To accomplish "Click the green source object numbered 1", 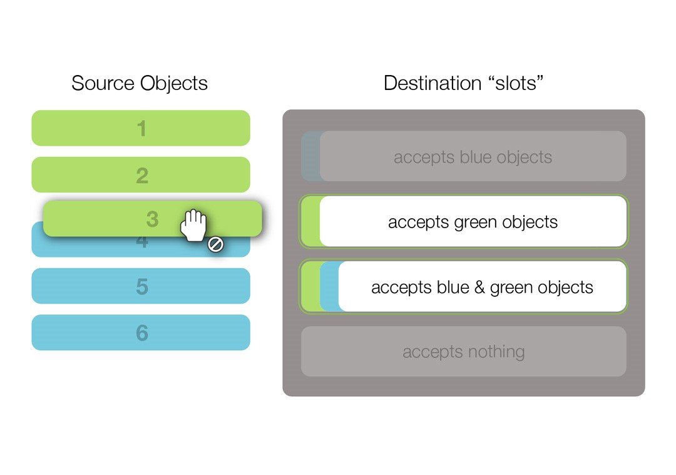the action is [141, 128].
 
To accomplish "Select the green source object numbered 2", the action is [141, 174].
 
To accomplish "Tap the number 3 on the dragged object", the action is [152, 219].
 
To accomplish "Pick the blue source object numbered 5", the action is [141, 286].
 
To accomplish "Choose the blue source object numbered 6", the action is [141, 332].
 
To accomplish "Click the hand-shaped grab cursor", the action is [193, 225].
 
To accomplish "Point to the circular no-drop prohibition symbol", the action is [215, 244].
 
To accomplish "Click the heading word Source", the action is [103, 83].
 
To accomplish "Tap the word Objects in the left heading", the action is [174, 84].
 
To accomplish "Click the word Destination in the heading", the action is [433, 83].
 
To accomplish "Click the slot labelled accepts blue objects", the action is [464, 156].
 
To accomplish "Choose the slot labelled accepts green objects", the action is [464, 221].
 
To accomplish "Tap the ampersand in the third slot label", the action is [479, 287].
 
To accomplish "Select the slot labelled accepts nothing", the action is [464, 351].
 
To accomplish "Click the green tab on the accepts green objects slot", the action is [310, 221].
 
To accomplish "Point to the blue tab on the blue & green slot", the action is [329, 286].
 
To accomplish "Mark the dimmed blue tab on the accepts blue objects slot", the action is [310, 156].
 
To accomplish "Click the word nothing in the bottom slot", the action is [496, 351].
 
